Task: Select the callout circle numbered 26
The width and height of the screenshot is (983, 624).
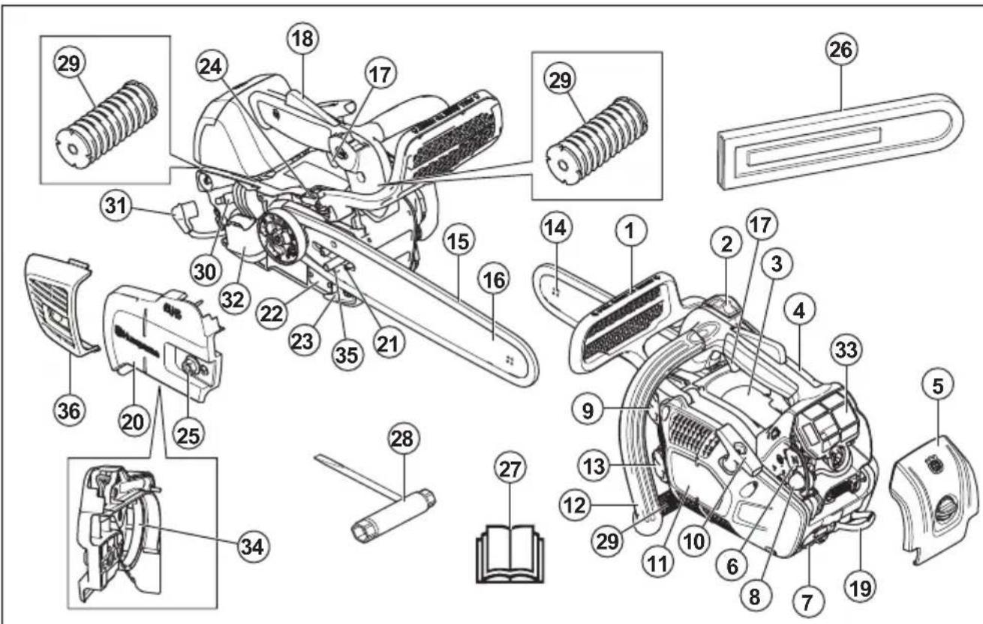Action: tap(841, 50)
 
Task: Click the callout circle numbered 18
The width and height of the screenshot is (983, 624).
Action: tap(305, 37)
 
